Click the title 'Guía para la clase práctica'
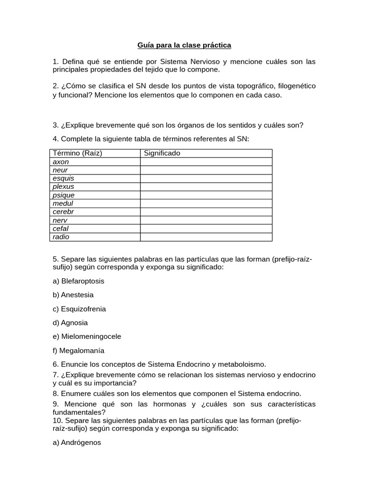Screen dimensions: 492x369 pyautogui.click(x=184, y=45)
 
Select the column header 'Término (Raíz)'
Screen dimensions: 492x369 pyautogui.click(x=78, y=153)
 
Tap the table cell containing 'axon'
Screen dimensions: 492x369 pyautogui.click(x=61, y=162)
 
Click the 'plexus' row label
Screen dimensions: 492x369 pyautogui.click(x=63, y=186)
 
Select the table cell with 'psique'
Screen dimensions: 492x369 pyautogui.click(x=63, y=195)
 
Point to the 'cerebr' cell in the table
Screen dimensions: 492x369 pyautogui.click(x=63, y=211)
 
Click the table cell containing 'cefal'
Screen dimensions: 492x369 pyautogui.click(x=61, y=229)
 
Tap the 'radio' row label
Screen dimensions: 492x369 pyautogui.click(x=61, y=237)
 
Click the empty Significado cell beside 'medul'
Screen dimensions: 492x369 pyautogui.click(x=206, y=203)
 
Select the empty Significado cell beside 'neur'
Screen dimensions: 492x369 pyautogui.click(x=206, y=170)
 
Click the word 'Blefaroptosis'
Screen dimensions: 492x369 pyautogui.click(x=82, y=281)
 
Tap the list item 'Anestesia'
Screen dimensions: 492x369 pyautogui.click(x=77, y=295)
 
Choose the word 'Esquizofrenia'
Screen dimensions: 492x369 pyautogui.click(x=83, y=309)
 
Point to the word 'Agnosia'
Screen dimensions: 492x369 pyautogui.click(x=74, y=323)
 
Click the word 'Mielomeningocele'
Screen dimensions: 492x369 pyautogui.click(x=91, y=336)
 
